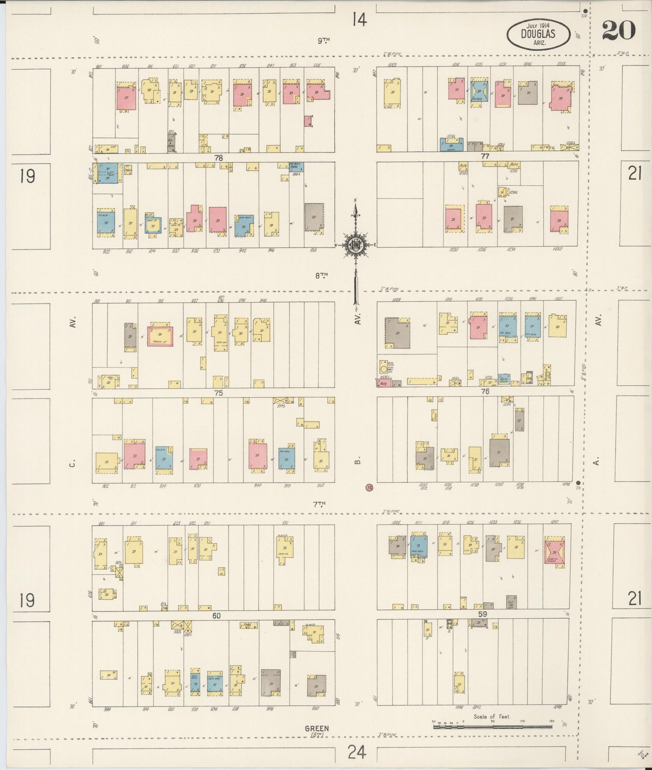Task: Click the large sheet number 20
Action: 618,30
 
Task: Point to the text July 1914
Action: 538,27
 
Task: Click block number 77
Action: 485,156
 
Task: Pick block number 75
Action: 218,393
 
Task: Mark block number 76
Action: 485,392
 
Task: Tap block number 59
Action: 483,614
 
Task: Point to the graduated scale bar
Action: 493,727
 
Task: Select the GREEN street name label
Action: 316,741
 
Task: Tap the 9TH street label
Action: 323,41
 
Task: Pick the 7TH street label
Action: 321,503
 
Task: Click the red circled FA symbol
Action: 370,488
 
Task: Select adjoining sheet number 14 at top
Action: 360,20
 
